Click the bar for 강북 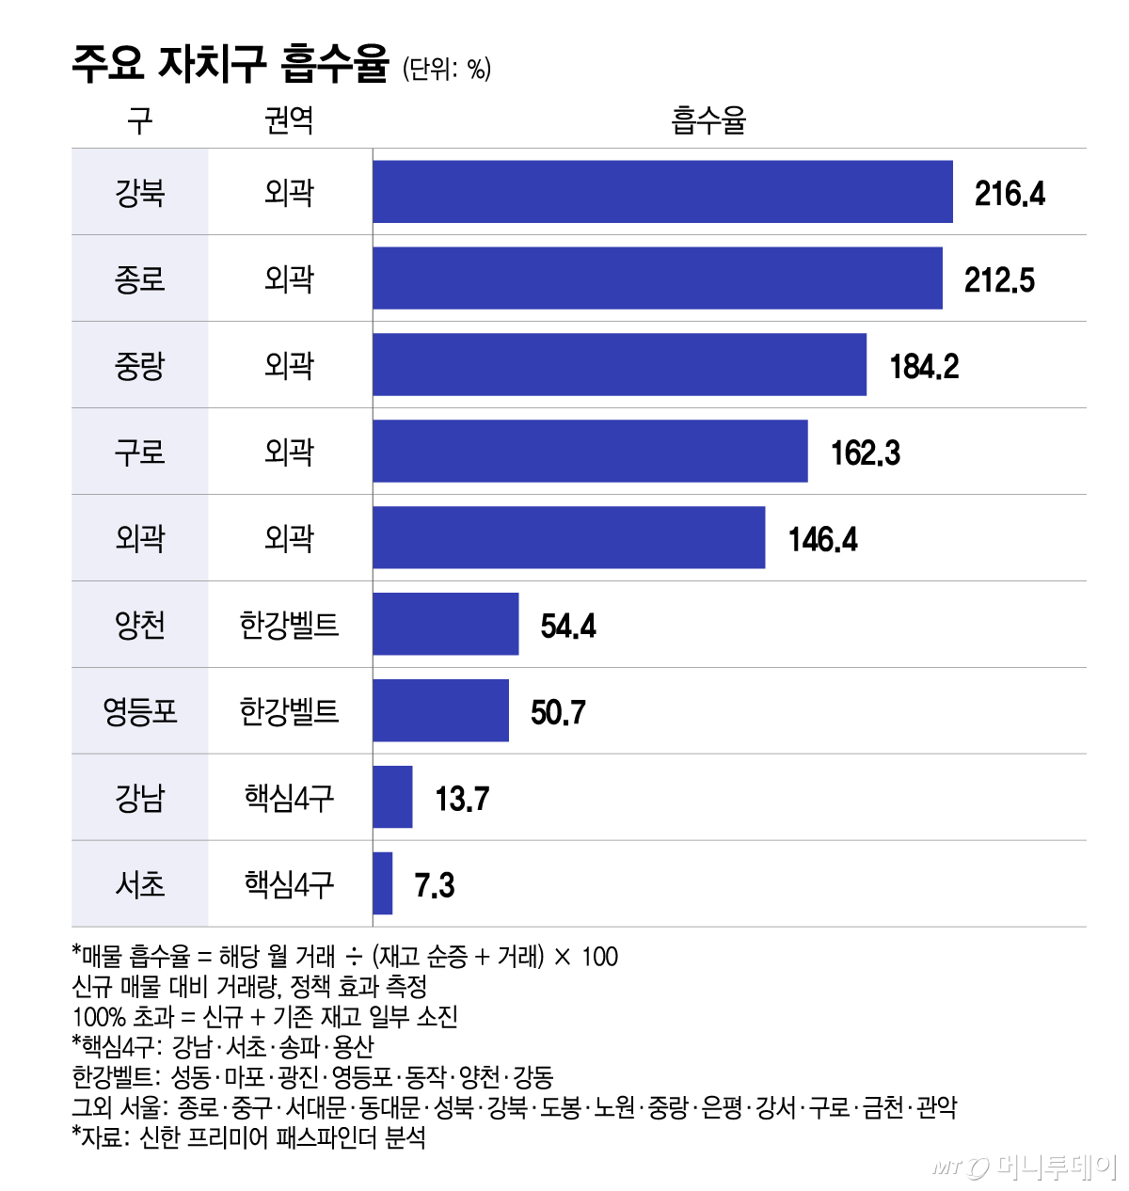[x=662, y=192]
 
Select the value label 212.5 [x=999, y=279]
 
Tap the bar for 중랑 [x=619, y=365]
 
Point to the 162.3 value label [x=865, y=453]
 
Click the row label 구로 [x=139, y=452]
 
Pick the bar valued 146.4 [x=568, y=538]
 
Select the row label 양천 [x=139, y=625]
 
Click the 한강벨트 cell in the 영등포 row [x=289, y=711]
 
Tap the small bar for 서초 [x=382, y=883]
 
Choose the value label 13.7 [x=462, y=799]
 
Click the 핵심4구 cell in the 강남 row [x=289, y=798]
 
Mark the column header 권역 [x=289, y=120]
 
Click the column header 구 [x=139, y=120]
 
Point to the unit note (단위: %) [x=447, y=69]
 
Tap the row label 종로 [x=139, y=278]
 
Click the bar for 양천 [x=445, y=625]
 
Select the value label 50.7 [x=558, y=712]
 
